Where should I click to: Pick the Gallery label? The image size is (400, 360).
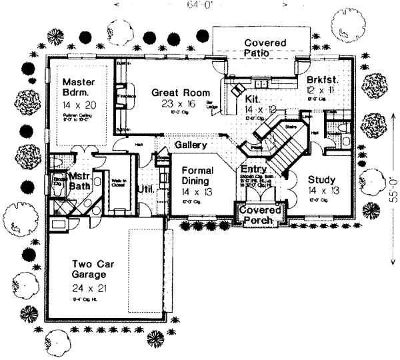pyautogui.click(x=190, y=145)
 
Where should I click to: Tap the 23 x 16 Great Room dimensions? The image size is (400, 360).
pyautogui.click(x=178, y=105)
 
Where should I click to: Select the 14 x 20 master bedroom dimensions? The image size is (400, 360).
pyautogui.click(x=79, y=105)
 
